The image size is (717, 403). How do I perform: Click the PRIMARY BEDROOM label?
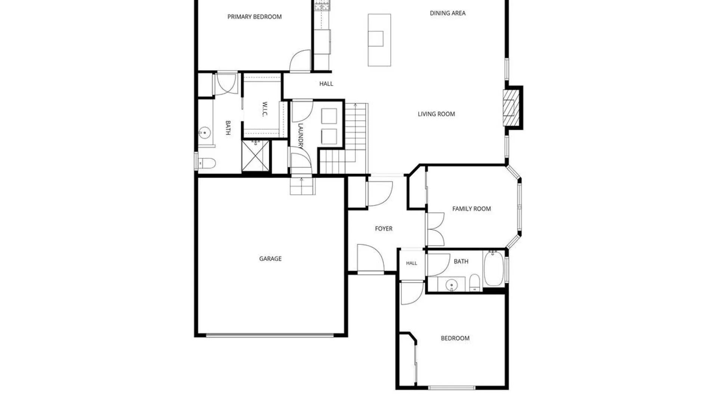[254, 17]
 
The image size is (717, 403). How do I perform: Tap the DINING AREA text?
[447, 13]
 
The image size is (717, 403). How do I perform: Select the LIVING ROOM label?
[436, 114]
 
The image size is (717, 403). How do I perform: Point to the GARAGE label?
[270, 259]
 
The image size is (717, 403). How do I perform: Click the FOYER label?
[384, 229]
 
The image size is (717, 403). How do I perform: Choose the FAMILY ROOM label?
[471, 209]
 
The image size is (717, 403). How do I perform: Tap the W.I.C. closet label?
[265, 109]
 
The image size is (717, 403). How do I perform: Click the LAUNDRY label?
[301, 136]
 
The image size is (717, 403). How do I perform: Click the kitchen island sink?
[376, 39]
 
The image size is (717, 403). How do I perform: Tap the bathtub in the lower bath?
[493, 269]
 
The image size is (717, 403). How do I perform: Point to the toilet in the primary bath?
[207, 163]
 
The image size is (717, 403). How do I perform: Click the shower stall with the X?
[255, 156]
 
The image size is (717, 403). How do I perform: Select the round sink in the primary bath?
[204, 133]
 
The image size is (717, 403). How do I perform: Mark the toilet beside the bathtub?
[474, 282]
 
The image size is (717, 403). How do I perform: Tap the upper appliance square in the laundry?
[329, 116]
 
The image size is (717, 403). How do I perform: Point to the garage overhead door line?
[270, 335]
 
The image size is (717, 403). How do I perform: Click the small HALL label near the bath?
[412, 263]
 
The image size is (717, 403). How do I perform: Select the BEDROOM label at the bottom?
[455, 338]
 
